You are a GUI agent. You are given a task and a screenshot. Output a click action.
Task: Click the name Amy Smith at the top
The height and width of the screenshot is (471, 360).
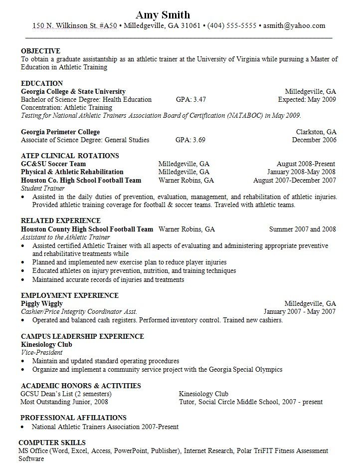[163, 14]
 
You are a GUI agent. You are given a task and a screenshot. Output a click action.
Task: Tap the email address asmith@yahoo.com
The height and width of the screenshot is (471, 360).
[294, 26]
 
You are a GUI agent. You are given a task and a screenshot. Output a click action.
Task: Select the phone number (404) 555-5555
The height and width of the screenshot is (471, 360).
[232, 26]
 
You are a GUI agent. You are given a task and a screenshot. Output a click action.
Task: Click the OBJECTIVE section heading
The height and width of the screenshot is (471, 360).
[40, 51]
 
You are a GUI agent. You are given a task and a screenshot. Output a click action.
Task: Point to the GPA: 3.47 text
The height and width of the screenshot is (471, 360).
[190, 99]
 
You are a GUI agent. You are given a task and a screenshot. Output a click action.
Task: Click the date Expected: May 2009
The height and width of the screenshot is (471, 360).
[307, 99]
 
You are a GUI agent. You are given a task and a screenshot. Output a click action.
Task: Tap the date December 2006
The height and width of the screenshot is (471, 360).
[314, 140]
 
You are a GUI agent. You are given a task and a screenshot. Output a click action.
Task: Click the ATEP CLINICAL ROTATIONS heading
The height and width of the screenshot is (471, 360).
[70, 156]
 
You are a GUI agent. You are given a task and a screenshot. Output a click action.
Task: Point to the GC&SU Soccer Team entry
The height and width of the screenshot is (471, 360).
[53, 164]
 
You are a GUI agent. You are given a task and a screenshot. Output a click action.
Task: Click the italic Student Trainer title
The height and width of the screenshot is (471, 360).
[43, 189]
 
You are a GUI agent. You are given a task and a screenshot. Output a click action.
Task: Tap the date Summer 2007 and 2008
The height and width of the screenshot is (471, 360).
[303, 230]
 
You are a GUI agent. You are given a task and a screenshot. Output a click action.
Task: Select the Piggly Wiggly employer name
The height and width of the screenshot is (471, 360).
[42, 303]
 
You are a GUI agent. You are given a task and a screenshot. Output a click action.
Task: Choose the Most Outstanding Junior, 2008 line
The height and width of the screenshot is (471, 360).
[64, 402]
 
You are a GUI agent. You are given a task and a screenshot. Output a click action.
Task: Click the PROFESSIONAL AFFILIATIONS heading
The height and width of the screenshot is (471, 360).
[74, 418]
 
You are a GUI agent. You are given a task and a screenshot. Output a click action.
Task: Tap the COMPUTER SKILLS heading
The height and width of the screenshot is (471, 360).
[52, 443]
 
